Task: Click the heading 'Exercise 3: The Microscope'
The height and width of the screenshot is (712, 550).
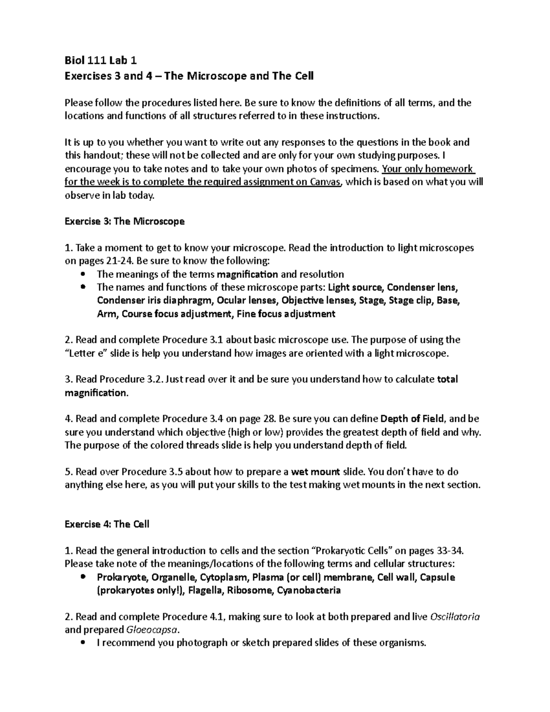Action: tap(125, 221)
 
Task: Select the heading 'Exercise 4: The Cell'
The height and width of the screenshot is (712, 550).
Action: tap(107, 524)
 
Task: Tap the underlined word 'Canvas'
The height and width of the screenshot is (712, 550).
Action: tap(325, 182)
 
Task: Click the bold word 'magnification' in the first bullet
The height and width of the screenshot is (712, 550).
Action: tap(247, 274)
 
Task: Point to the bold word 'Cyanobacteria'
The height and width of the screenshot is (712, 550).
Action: tap(309, 591)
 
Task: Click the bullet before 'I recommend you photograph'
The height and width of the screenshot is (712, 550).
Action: tap(82, 643)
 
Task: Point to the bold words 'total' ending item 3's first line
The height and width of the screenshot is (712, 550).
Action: tap(448, 380)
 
